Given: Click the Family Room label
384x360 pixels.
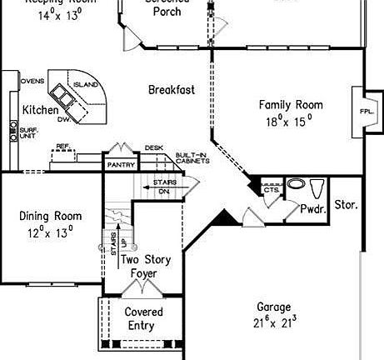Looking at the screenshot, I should [290, 105].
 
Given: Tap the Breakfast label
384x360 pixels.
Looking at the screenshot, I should [172, 89].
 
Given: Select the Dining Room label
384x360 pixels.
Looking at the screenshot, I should [50, 217].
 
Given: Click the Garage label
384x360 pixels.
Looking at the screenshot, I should [273, 306].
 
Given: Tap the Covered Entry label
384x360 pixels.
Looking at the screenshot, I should [143, 318].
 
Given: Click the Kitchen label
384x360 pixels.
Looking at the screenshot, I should [40, 110].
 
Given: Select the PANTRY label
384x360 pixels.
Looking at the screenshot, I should [121, 165].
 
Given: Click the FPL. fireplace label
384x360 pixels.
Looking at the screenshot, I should [366, 111].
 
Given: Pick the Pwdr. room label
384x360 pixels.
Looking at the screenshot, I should [312, 208].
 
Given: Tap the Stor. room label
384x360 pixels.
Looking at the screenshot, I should [346, 204].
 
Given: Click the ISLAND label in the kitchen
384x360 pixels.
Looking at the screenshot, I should [86, 85].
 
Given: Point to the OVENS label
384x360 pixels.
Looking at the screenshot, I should [32, 81].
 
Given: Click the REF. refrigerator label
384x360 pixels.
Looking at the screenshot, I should [62, 147].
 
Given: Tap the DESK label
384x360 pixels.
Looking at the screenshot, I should [153, 148].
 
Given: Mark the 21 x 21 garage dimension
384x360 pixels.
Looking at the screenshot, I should [273, 322].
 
